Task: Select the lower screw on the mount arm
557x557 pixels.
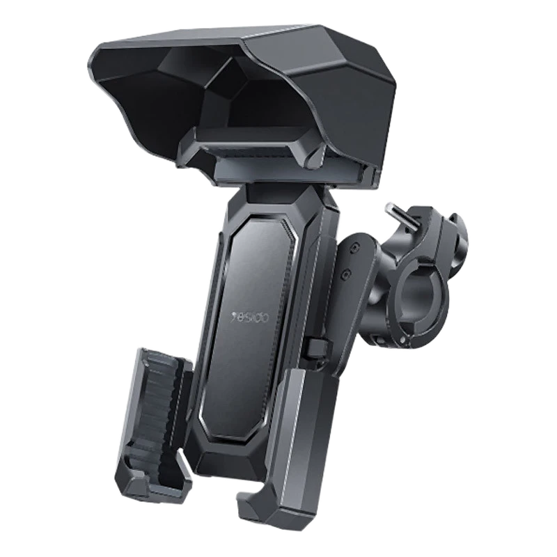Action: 345,274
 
